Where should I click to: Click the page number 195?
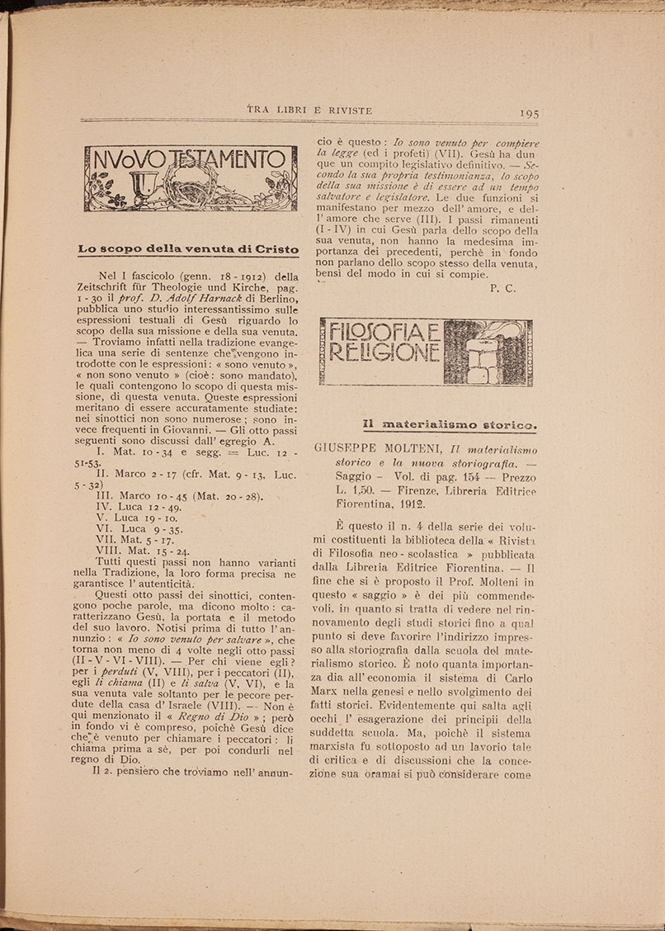(530, 113)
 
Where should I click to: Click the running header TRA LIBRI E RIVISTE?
(310, 110)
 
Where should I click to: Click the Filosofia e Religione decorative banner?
(425, 352)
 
